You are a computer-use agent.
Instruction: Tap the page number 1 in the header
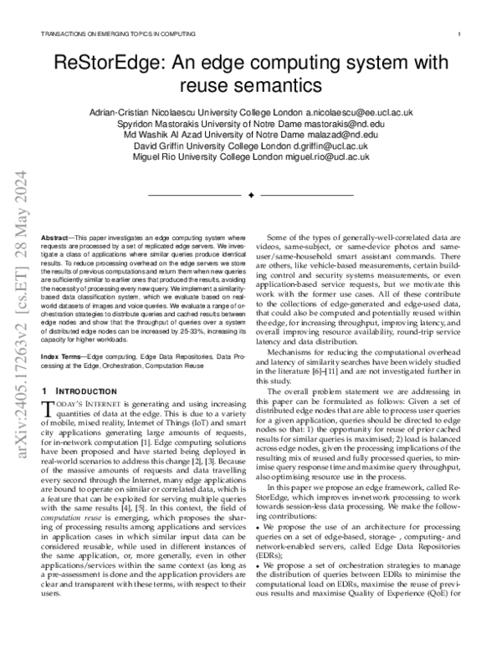[x=460, y=34]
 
